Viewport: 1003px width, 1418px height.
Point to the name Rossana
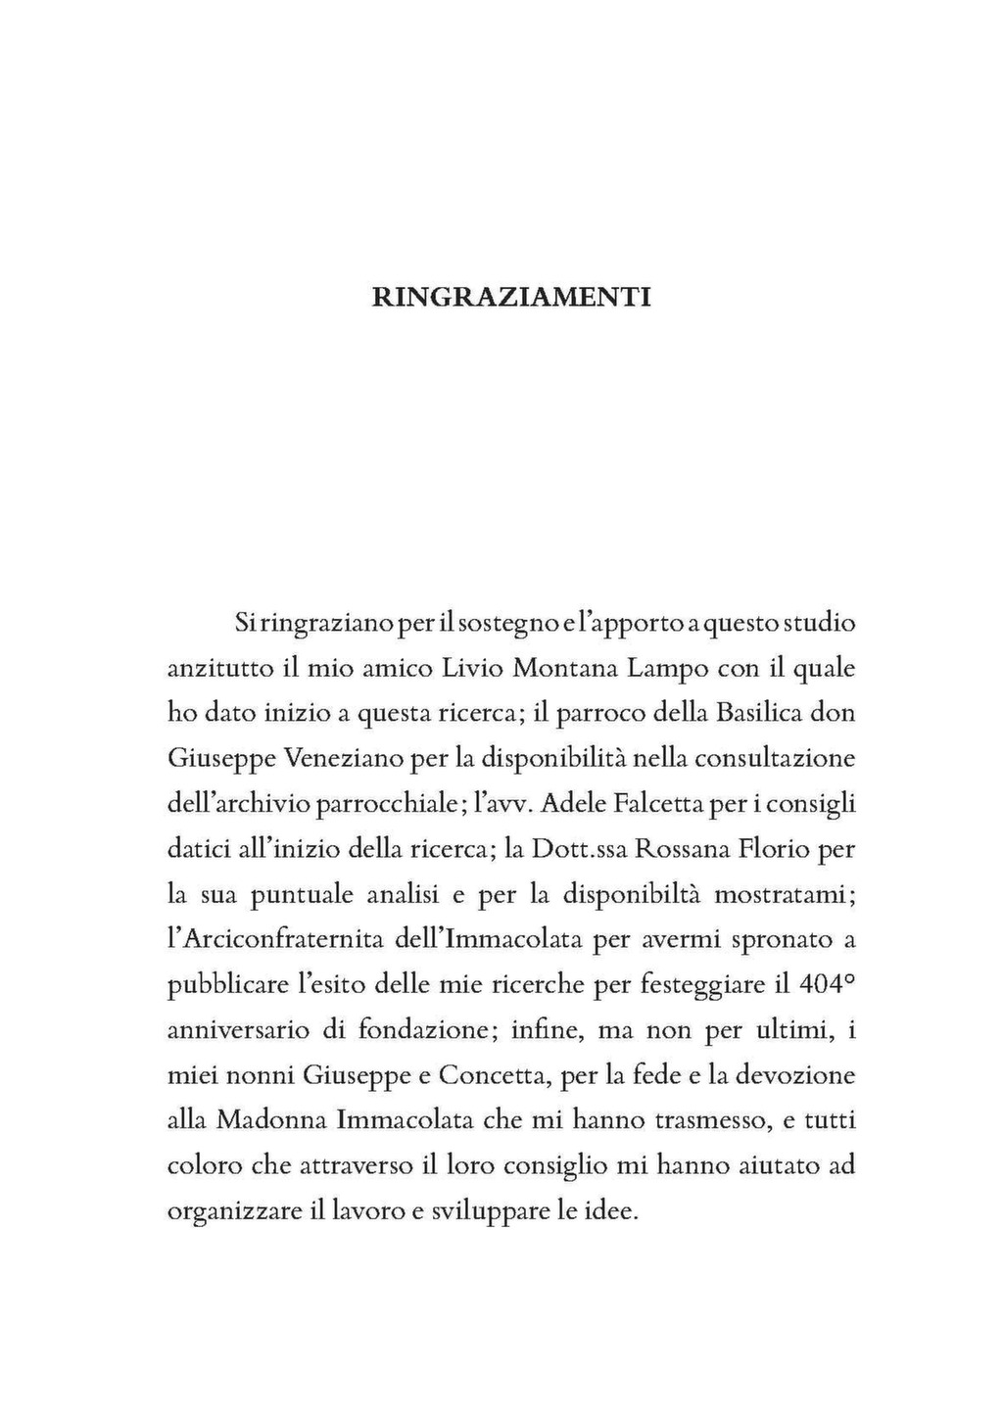tap(683, 849)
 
